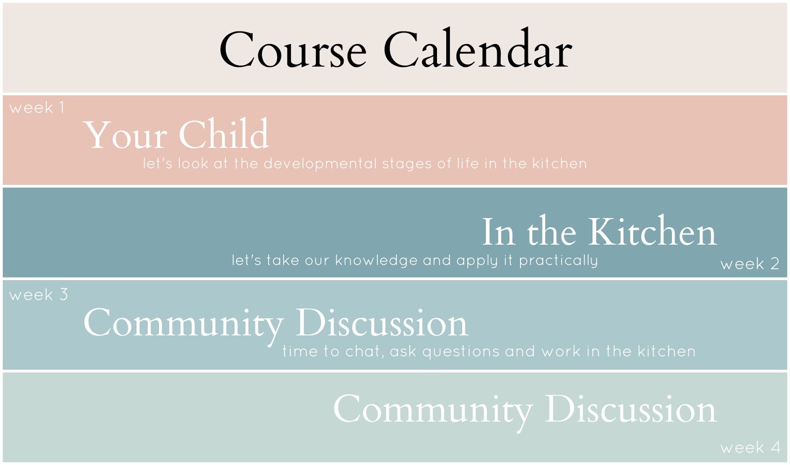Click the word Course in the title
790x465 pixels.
tap(293, 49)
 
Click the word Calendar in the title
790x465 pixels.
tap(478, 47)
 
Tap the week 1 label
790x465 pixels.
tap(37, 107)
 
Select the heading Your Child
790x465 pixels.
tap(176, 134)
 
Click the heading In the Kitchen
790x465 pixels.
tap(599, 231)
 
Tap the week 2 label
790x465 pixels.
tap(750, 264)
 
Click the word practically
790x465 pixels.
tap(558, 260)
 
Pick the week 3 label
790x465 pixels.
tap(39, 295)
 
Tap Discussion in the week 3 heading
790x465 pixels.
tap(382, 322)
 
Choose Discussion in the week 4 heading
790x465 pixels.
tap(632, 408)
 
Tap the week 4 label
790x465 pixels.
tap(750, 448)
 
